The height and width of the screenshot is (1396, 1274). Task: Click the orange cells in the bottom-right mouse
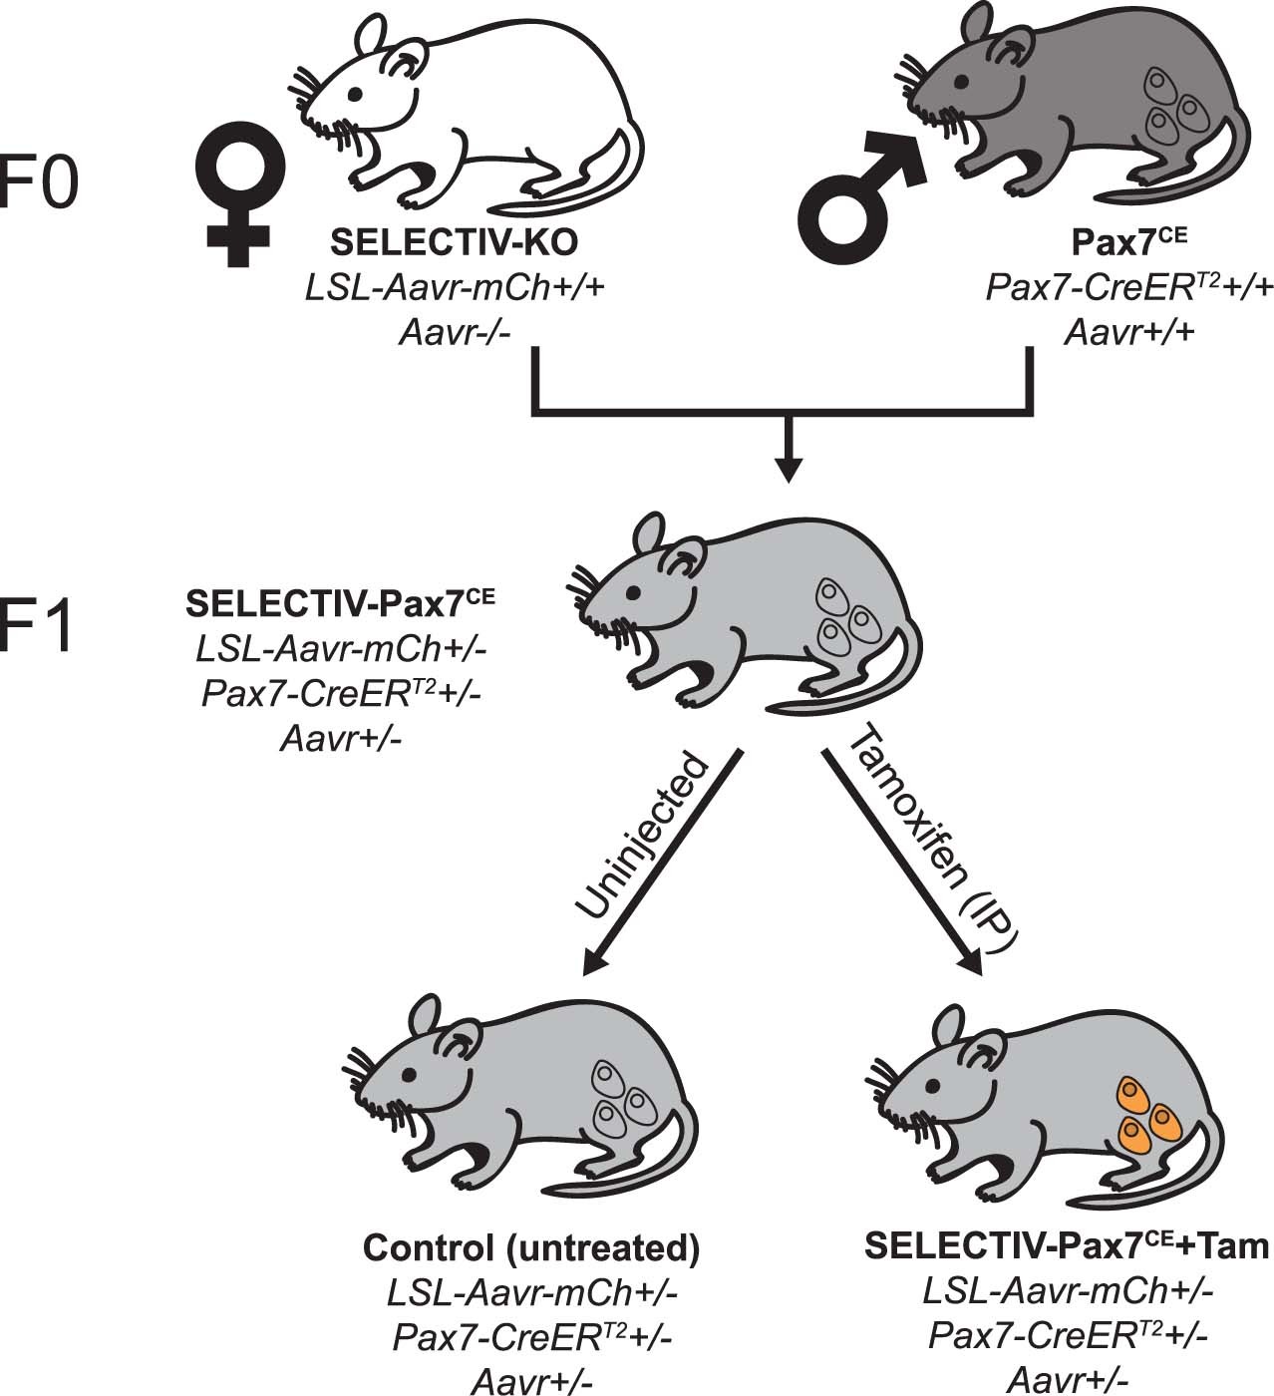point(1146,1114)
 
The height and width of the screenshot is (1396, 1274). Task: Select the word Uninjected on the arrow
point(641,840)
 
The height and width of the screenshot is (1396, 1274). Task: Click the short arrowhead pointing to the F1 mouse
point(788,469)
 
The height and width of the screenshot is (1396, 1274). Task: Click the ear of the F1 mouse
point(648,527)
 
